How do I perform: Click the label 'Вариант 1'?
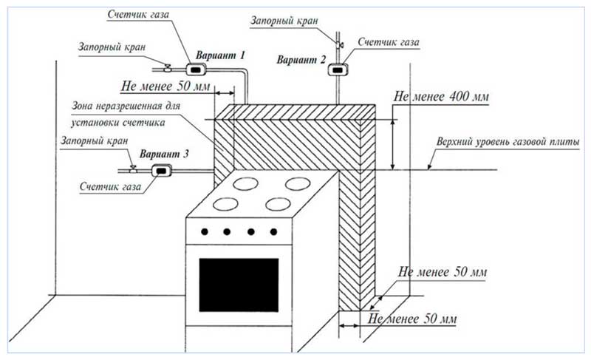(220, 56)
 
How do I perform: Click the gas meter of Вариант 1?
(195, 70)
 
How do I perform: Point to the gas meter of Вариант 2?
(339, 70)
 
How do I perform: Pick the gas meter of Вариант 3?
(161, 171)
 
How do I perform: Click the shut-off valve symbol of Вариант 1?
(168, 69)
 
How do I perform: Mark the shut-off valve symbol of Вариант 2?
(339, 46)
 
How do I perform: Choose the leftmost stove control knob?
(205, 232)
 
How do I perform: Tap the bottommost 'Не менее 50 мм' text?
(412, 320)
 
